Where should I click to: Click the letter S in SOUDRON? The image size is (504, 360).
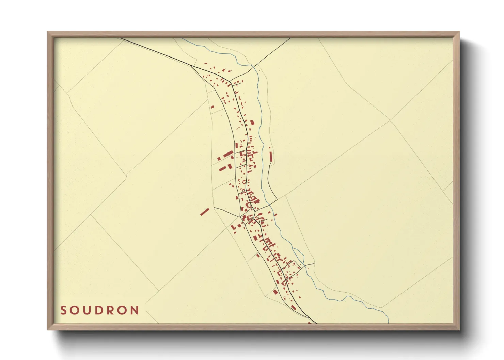point(63,310)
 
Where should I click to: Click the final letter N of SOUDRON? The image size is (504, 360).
point(135,310)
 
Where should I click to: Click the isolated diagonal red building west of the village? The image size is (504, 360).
point(204,212)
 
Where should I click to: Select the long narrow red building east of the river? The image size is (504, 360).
point(271,157)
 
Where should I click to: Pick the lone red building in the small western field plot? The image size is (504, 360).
point(212,107)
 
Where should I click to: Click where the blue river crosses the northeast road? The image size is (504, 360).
point(253,66)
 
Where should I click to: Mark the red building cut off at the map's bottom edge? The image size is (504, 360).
point(309,322)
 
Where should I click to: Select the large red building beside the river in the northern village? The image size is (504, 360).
point(252,122)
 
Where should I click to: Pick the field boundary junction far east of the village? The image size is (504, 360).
point(390,120)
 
